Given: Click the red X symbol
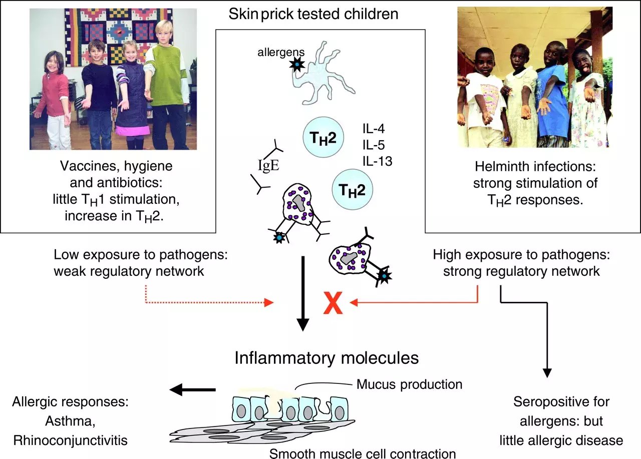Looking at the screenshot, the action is click(x=333, y=303).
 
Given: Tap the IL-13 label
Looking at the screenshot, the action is click(x=378, y=161).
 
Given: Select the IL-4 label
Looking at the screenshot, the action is click(x=374, y=129).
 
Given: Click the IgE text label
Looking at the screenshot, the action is click(x=268, y=165).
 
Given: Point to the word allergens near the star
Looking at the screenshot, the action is click(x=281, y=53).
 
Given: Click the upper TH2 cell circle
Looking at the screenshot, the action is click(x=324, y=137).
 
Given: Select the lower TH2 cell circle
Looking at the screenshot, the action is click(x=352, y=189).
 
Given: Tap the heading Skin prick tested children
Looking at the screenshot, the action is click(x=313, y=14).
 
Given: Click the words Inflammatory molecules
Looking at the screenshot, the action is click(x=327, y=358).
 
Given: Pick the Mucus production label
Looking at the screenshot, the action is click(x=410, y=384).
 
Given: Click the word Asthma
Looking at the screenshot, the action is click(x=71, y=421).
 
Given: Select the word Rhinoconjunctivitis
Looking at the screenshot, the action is click(x=71, y=440).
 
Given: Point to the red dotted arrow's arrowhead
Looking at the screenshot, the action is click(x=269, y=302).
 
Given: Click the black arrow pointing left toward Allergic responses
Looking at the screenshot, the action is click(x=192, y=389).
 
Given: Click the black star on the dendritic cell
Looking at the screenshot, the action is click(x=297, y=65).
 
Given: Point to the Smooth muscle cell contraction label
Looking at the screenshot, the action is click(x=363, y=453).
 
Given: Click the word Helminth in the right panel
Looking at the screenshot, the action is click(x=503, y=167).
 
